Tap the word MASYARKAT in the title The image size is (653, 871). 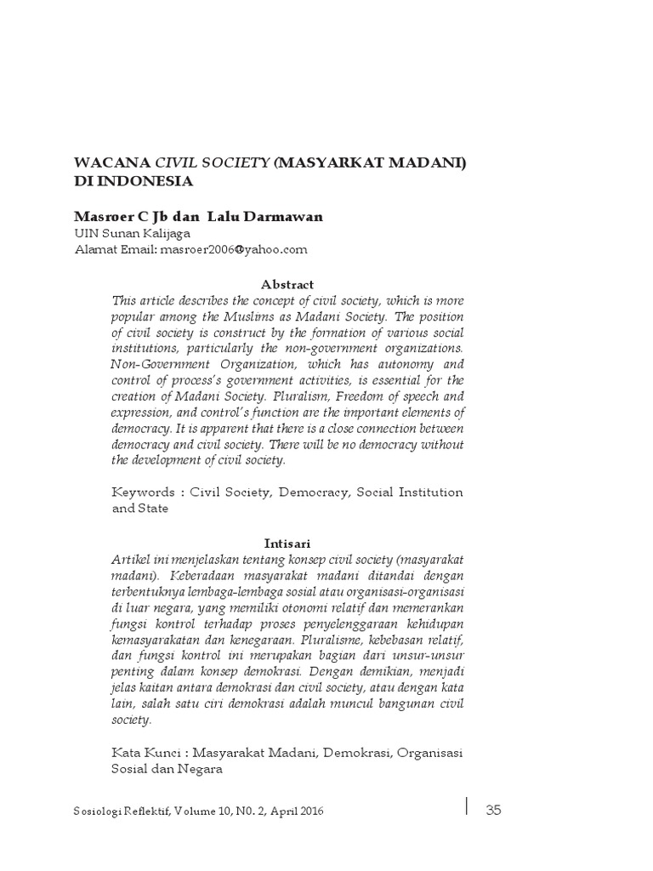(x=332, y=162)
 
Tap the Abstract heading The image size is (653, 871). (x=287, y=284)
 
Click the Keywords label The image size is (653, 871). (x=141, y=492)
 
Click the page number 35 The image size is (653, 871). (x=494, y=810)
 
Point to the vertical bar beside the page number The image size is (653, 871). (x=466, y=806)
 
